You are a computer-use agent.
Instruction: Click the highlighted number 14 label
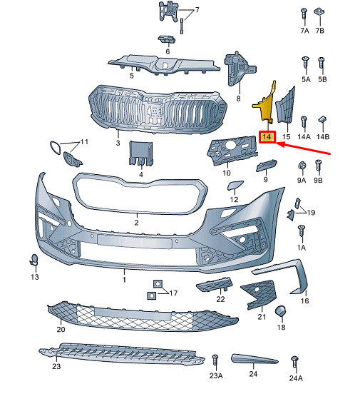267,137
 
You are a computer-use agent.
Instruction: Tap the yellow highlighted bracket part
266,106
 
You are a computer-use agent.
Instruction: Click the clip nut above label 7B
319,11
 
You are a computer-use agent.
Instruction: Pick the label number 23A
216,375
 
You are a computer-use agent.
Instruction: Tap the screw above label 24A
294,362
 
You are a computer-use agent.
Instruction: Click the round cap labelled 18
280,310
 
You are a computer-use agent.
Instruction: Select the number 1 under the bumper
124,279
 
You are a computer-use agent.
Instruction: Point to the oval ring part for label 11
55,148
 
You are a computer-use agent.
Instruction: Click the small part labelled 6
166,39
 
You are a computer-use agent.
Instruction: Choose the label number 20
61,329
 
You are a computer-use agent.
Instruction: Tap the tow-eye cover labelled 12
235,186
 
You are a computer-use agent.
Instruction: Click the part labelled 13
34,260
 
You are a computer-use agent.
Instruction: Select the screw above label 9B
318,165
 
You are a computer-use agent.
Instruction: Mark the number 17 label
173,293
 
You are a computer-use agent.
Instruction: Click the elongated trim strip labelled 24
254,359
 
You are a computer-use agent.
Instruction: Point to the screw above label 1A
302,231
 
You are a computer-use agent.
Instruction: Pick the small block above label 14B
322,119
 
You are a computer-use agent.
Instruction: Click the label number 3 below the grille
118,143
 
